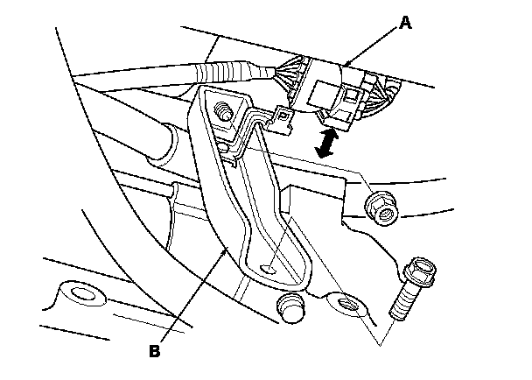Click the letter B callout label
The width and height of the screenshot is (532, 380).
coord(155,352)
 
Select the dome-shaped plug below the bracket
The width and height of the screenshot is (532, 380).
coord(289,306)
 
